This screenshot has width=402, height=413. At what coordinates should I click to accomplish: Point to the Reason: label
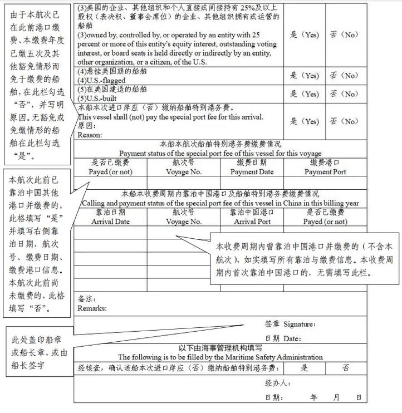pos(90,135)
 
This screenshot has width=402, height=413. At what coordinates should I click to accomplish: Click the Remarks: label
pos(92,308)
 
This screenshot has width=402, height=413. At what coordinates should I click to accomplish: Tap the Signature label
pos(299,324)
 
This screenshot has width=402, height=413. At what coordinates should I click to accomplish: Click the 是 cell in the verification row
pos(304,368)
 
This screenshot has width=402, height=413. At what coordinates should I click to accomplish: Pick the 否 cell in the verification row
pos(346,368)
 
